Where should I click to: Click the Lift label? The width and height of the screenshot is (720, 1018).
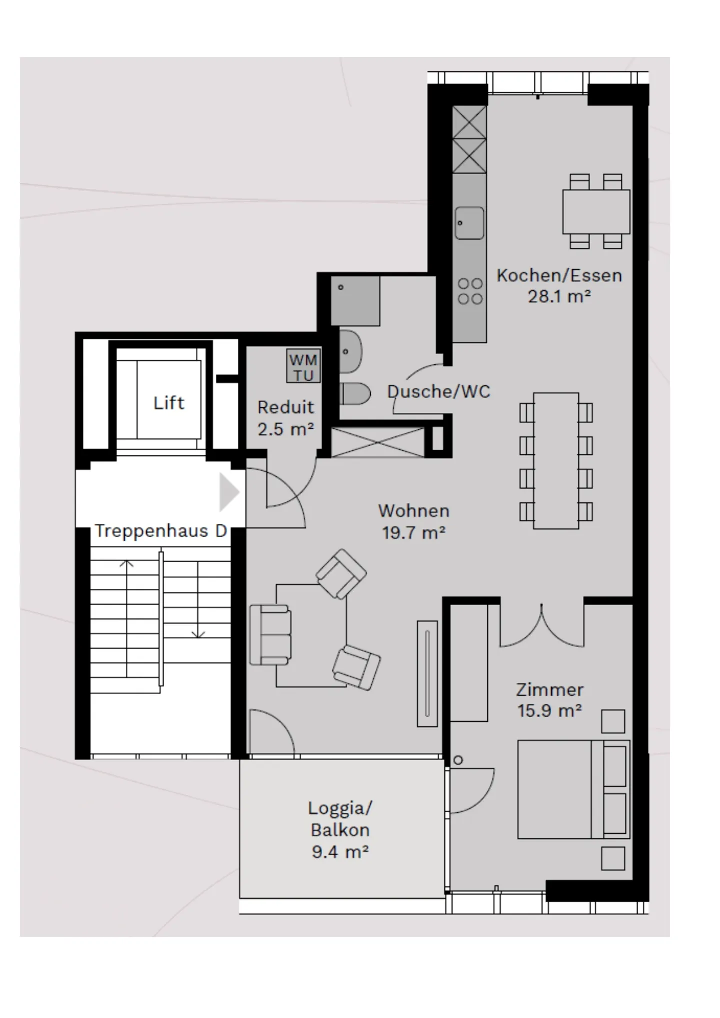point(169,403)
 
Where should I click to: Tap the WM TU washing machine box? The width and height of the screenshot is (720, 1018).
point(303,367)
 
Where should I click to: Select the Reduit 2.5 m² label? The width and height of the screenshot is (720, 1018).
point(286,418)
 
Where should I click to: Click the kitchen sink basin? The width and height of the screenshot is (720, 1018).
point(469,223)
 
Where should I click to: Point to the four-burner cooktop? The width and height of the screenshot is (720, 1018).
point(470,291)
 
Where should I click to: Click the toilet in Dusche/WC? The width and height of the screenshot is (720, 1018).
point(355,393)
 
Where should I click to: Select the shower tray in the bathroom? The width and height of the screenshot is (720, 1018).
point(355,301)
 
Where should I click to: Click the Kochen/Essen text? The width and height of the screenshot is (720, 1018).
point(559,275)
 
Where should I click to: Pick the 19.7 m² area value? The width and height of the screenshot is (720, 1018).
point(414,533)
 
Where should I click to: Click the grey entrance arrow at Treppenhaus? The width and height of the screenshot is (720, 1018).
point(229,493)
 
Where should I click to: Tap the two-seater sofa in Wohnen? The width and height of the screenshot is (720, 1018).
point(270,635)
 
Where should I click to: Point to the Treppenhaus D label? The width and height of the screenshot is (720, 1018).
point(161,531)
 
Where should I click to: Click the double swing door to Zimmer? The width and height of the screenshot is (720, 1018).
point(542,627)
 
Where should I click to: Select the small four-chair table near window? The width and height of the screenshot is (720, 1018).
point(596,211)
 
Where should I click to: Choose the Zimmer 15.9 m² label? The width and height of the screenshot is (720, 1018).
point(549,700)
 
